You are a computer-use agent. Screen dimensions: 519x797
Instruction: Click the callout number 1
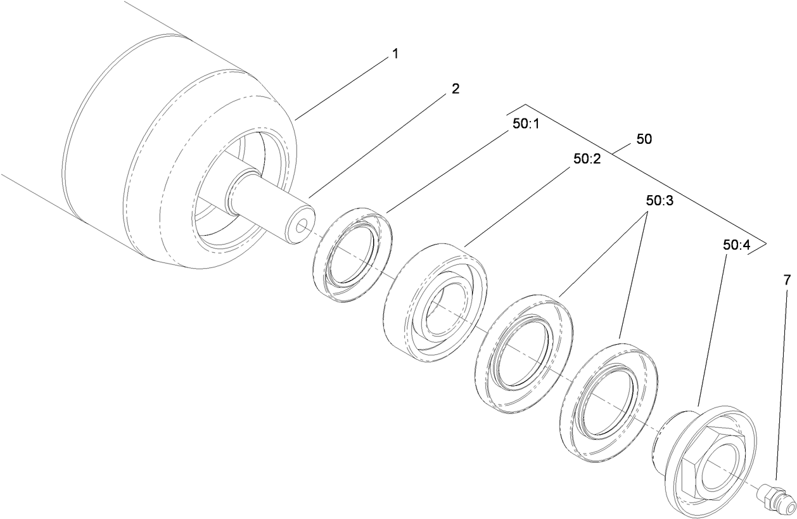coord(395,54)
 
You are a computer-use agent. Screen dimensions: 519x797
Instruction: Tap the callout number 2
coord(455,89)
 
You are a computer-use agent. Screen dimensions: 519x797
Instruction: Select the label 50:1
coord(525,124)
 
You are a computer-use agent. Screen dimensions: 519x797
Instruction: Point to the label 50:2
coord(587,160)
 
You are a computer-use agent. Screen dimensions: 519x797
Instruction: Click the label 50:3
coord(660,201)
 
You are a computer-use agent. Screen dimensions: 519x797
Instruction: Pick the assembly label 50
coord(644,139)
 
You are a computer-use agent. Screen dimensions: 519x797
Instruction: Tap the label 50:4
coord(736,244)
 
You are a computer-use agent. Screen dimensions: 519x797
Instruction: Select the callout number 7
coord(787,279)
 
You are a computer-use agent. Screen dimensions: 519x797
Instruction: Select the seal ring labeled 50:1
coord(352,253)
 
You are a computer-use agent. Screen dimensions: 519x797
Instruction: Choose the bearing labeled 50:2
coord(436,302)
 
